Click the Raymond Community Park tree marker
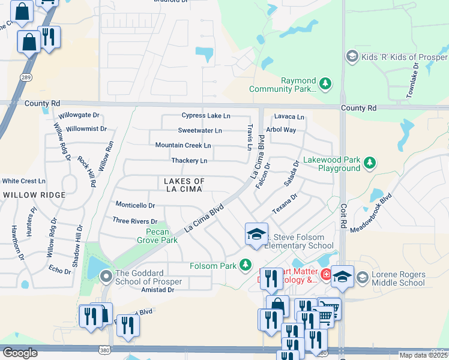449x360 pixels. click(325, 84)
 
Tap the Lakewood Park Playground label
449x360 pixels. click(331, 164)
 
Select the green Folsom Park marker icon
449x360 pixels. click(245, 265)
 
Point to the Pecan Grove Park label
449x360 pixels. click(161, 236)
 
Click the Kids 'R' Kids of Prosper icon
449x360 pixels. click(352, 57)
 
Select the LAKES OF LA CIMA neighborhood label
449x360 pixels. click(184, 185)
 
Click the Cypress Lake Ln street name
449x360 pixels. click(206, 115)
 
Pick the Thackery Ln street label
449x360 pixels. click(189, 161)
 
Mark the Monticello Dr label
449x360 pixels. click(135, 205)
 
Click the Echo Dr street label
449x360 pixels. click(60, 270)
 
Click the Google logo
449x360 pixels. click(20, 353)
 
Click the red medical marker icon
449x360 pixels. click(325, 275)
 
